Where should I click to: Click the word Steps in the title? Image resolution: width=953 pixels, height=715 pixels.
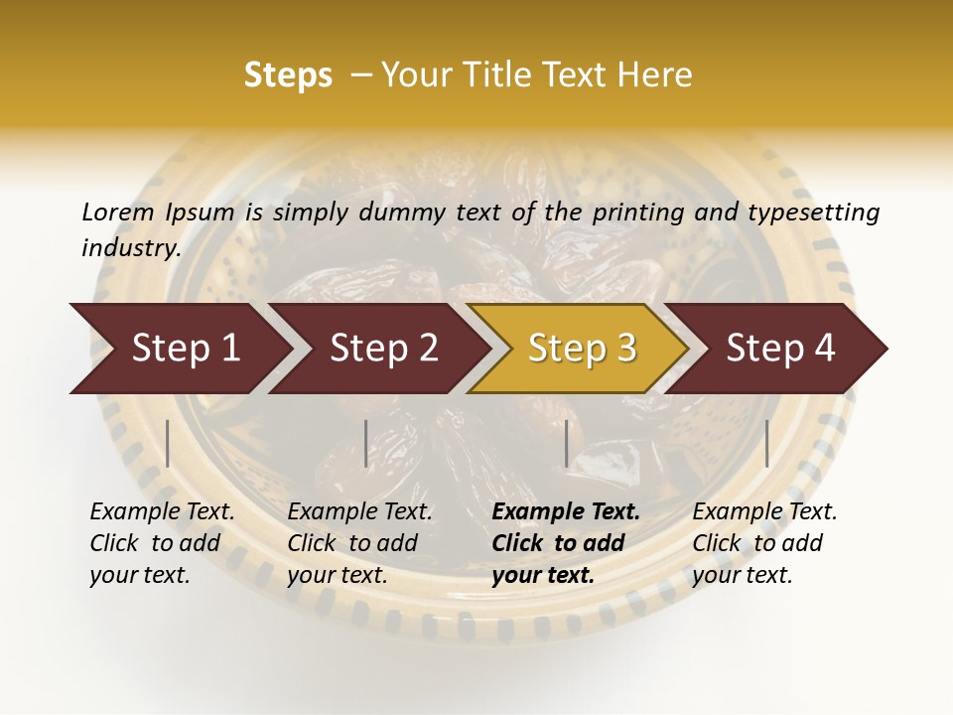(x=288, y=75)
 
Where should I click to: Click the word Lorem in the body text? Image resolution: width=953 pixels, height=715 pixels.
(x=117, y=212)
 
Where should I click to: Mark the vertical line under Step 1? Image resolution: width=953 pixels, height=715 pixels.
(x=168, y=443)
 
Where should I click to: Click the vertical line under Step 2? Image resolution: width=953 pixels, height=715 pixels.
(x=366, y=443)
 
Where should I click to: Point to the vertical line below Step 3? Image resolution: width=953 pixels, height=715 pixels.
(x=566, y=443)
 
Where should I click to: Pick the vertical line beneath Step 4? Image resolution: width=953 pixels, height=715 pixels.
(x=766, y=443)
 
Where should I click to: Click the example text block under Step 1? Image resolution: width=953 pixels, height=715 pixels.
(x=162, y=543)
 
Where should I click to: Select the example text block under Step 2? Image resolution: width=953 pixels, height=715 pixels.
(x=359, y=543)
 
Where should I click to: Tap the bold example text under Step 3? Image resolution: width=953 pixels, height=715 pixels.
(x=565, y=543)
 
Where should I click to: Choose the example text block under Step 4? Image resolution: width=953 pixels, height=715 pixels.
(x=764, y=543)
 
